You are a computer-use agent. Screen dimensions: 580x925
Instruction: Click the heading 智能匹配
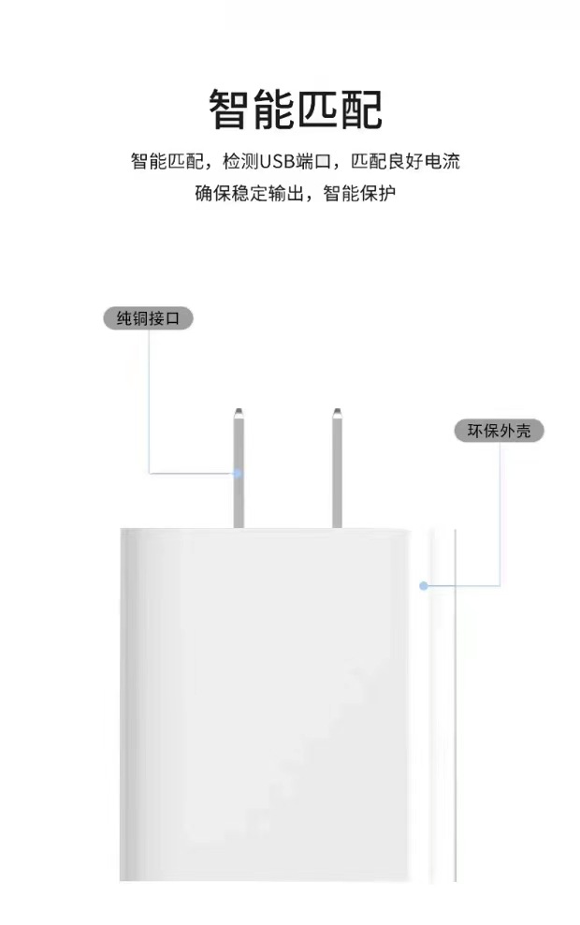[x=296, y=110]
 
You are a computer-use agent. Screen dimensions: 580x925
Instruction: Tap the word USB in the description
[x=276, y=161]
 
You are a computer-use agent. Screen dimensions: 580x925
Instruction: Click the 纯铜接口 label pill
[x=148, y=318]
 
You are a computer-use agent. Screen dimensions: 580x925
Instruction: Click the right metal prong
[x=338, y=468]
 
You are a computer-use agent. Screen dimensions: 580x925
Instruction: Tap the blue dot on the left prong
[x=238, y=473]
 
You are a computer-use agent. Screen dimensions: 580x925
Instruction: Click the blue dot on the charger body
[x=424, y=586]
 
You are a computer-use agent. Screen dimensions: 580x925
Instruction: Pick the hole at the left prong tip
[x=239, y=413]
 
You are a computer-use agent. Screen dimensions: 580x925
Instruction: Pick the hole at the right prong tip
[x=338, y=413]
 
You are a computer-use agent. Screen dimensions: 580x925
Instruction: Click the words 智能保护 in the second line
[x=360, y=194]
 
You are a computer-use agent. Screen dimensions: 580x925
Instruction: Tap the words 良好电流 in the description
[x=426, y=161]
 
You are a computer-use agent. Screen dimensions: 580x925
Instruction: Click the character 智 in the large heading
[x=230, y=110]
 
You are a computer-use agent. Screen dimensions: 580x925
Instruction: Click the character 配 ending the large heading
[x=361, y=110]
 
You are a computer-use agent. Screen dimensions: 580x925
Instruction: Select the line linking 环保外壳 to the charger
[x=500, y=524]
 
